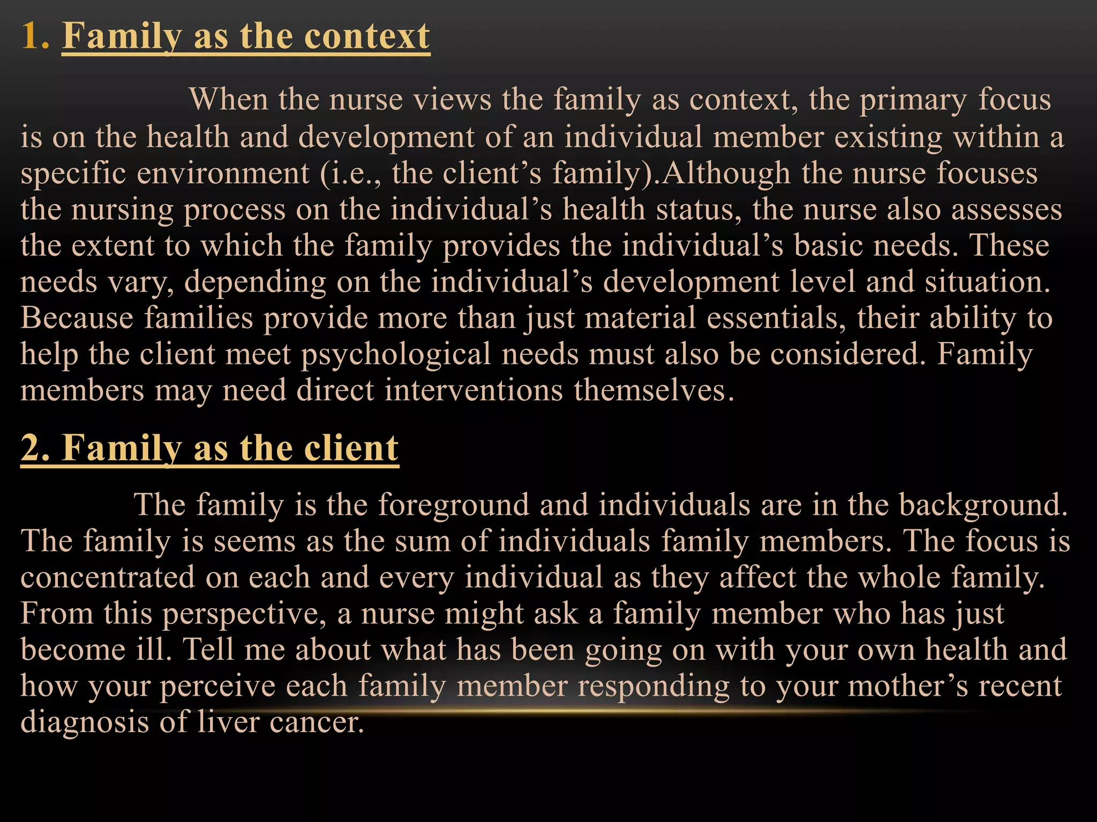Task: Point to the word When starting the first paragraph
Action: coord(229,100)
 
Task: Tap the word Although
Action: coord(726,173)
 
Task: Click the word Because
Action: coord(77,318)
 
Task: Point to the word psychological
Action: coord(396,355)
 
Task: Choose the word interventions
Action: coord(474,390)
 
